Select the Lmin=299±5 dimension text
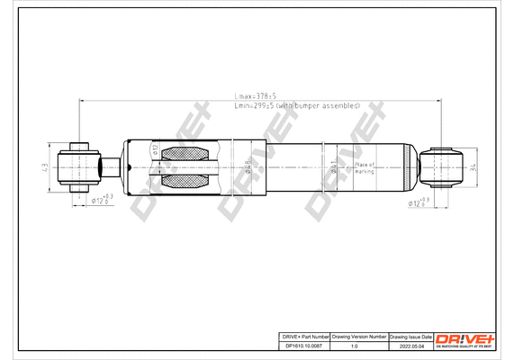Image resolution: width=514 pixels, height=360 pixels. click(x=296, y=105)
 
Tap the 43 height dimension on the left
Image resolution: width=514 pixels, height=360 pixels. click(x=45, y=167)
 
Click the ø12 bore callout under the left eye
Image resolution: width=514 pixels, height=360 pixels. click(x=102, y=202)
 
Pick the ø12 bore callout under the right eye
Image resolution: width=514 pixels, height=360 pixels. click(x=419, y=203)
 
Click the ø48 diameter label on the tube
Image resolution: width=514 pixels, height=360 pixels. click(x=246, y=167)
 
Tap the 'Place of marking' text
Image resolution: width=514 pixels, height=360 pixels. click(x=364, y=168)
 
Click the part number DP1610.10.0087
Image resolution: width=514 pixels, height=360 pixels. click(x=303, y=346)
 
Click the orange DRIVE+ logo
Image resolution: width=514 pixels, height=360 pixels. click(x=465, y=337)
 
